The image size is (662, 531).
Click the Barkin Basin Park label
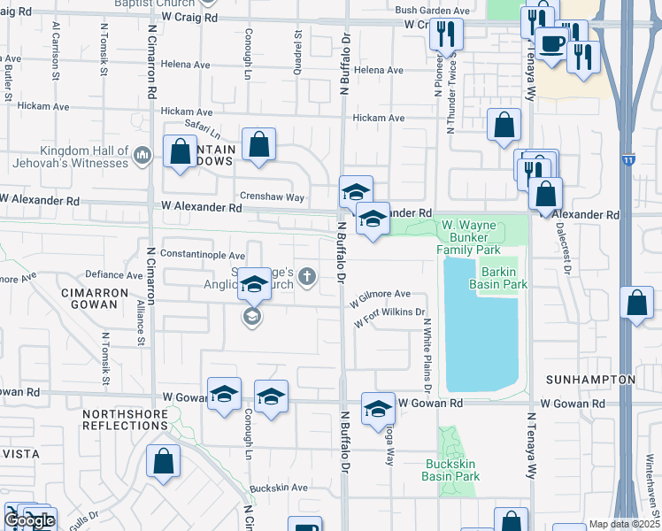pyautogui.click(x=504, y=277)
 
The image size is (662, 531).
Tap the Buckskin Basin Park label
pyautogui.click(x=452, y=470)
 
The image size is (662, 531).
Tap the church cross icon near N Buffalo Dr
pyautogui.click(x=307, y=277)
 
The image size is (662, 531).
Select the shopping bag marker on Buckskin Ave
pyautogui.click(x=164, y=462)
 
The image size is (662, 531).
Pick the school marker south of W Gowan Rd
pyautogui.click(x=378, y=409)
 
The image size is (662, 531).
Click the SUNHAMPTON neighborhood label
pyautogui.click(x=590, y=380)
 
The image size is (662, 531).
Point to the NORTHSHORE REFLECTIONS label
pyautogui.click(x=125, y=419)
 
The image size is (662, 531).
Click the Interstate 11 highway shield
pyautogui.click(x=627, y=160)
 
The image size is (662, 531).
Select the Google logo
pyautogui.click(x=28, y=520)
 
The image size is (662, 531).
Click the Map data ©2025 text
pyautogui.click(x=623, y=524)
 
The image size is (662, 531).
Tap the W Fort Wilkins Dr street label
pyautogui.click(x=389, y=317)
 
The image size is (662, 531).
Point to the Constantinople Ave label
pyautogui.click(x=202, y=255)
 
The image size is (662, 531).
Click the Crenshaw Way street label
pyautogui.click(x=271, y=196)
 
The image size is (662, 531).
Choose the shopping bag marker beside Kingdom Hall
pyautogui.click(x=181, y=151)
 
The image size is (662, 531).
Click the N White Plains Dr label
pyautogui.click(x=427, y=355)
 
